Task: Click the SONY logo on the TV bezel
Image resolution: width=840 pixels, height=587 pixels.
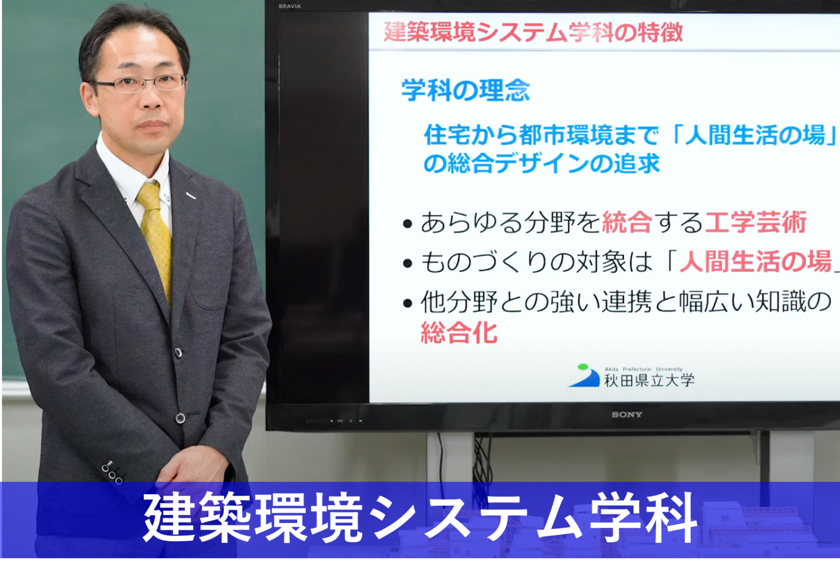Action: click(627, 414)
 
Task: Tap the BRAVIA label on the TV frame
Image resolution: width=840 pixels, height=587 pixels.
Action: click(289, 6)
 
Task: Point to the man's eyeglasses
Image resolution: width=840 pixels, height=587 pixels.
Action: click(139, 83)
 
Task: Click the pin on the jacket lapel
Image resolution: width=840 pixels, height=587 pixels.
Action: click(191, 195)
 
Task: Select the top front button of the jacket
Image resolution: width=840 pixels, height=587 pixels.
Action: click(178, 352)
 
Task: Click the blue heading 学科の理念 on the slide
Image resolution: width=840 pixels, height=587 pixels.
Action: click(465, 90)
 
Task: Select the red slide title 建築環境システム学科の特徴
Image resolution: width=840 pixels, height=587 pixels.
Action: click(533, 32)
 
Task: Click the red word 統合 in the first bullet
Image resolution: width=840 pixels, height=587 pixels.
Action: click(627, 222)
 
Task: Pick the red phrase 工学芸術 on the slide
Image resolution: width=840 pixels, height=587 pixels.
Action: click(755, 222)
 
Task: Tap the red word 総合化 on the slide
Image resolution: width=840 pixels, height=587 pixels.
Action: click(459, 332)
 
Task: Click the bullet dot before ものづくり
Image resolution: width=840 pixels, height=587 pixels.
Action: click(407, 263)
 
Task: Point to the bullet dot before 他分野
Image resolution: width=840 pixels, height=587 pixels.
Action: click(407, 303)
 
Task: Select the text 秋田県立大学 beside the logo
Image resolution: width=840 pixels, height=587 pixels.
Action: click(649, 380)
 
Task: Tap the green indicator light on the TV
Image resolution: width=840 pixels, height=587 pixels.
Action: click(361, 421)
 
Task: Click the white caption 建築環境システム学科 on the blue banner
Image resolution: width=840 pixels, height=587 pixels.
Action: click(420, 518)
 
